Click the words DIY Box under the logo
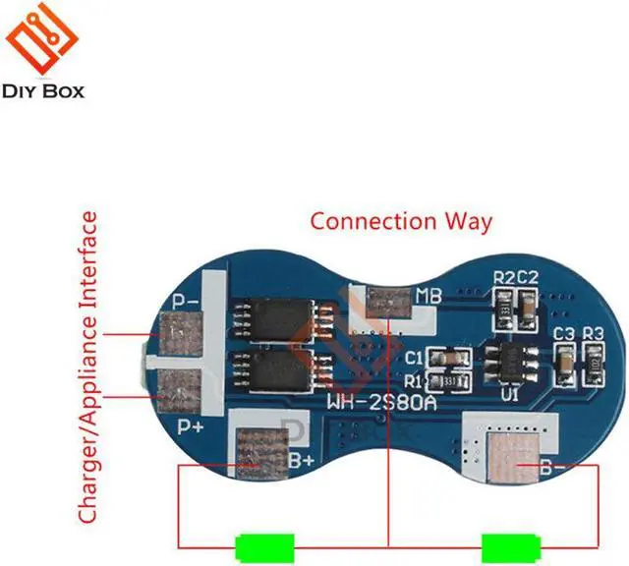45,91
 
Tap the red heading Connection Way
401,220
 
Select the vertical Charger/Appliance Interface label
89,368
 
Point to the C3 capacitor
565,364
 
